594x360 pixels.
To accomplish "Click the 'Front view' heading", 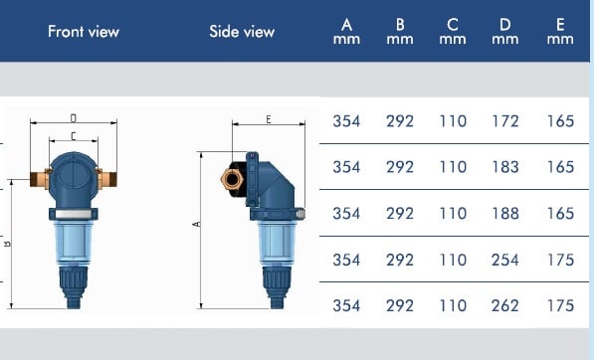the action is click(x=84, y=32).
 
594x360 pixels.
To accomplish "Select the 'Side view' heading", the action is click(x=242, y=32).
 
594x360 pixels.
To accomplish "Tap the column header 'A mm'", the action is click(x=346, y=32).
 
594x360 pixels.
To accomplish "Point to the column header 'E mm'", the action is click(x=560, y=32).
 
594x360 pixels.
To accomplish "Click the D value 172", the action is click(x=505, y=121).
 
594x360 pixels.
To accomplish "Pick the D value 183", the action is click(x=505, y=167).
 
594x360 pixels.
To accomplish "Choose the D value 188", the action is click(x=505, y=213).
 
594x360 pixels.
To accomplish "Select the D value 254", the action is click(x=505, y=260).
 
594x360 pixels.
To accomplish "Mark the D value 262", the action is click(x=505, y=305).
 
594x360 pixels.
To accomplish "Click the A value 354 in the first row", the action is click(x=346, y=121).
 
